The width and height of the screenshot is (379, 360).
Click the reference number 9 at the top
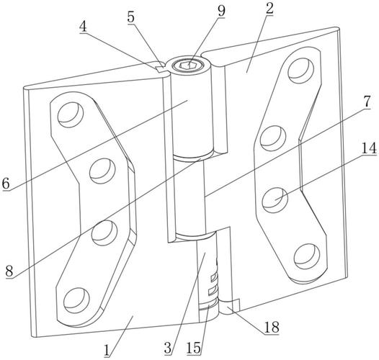pos(221,11)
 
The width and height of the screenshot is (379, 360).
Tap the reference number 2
pos(269,8)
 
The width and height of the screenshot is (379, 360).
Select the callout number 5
pos(131,17)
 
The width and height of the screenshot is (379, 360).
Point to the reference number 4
pos(83,27)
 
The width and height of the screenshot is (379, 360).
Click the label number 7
pos(367,102)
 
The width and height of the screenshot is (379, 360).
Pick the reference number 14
pos(369,148)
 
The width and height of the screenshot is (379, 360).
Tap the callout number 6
pos(6,184)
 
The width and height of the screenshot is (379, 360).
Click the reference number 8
pos(9,271)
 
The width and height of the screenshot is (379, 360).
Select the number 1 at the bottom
pos(107,351)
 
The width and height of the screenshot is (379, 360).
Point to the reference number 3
pos(168,348)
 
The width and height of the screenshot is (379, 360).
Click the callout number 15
pos(194,348)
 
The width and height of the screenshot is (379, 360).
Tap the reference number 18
pos(272,327)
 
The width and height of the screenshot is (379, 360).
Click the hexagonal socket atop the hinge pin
pos(189,66)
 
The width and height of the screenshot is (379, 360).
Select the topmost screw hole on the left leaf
pos(71,114)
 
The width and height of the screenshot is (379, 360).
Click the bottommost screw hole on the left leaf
pos(76,301)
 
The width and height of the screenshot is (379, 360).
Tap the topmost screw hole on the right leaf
pos(301,71)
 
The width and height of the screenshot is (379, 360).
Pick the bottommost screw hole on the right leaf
pos(307,256)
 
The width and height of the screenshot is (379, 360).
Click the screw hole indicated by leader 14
pos(275,200)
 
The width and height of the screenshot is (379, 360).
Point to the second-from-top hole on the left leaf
pos(102,171)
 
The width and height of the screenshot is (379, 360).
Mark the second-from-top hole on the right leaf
pos(273,139)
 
